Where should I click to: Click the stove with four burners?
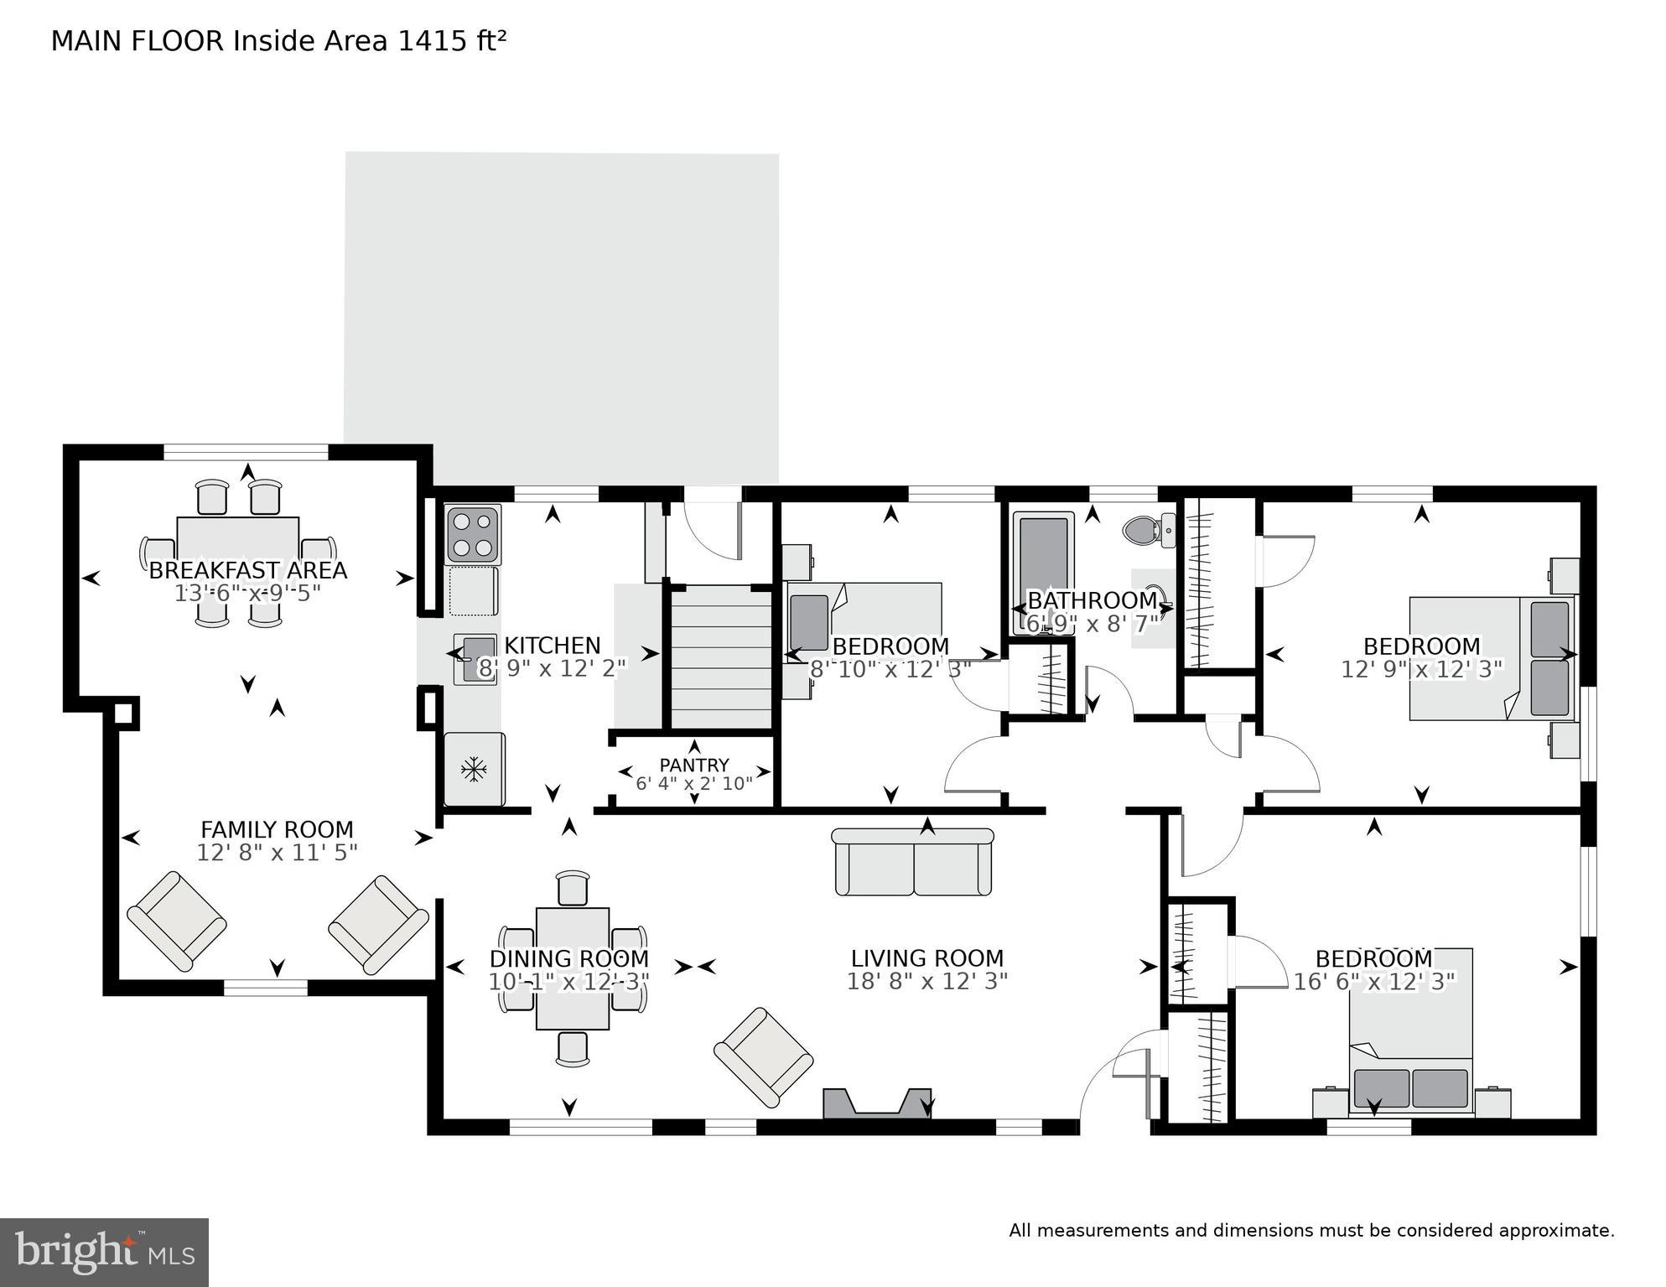click(472, 534)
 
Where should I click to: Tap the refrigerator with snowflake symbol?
click(475, 769)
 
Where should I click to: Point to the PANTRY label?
click(693, 765)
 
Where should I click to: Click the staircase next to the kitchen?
click(722, 657)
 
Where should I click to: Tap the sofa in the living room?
click(913, 862)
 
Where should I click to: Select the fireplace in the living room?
click(877, 1103)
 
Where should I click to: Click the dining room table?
click(573, 968)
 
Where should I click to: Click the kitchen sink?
click(475, 659)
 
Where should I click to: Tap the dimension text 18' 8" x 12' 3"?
click(926, 981)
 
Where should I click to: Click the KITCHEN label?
click(552, 645)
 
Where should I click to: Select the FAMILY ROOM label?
click(277, 829)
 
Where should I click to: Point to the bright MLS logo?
click(104, 1252)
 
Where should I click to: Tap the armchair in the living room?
click(764, 1056)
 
